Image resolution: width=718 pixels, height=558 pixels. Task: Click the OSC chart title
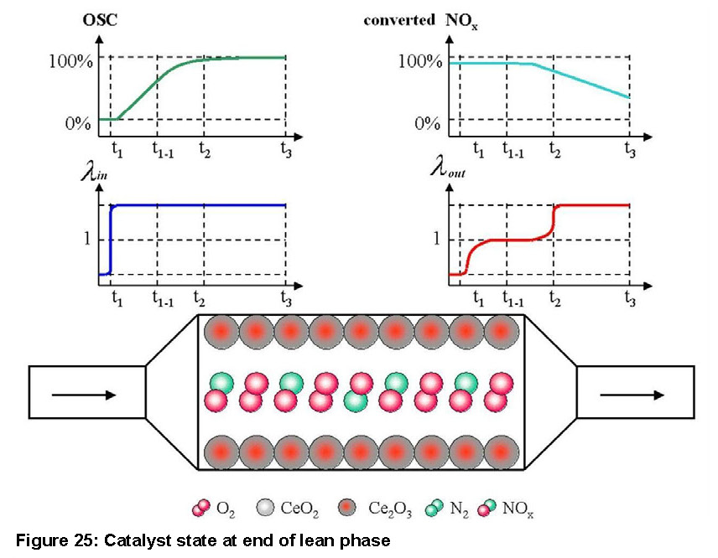(x=98, y=19)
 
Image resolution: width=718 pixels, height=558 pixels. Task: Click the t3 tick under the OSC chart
(x=286, y=151)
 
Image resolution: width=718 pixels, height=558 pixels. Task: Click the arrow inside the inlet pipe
(x=83, y=394)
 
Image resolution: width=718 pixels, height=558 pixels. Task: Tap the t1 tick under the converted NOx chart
(x=478, y=151)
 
